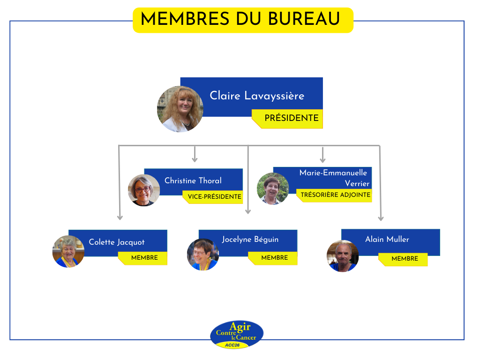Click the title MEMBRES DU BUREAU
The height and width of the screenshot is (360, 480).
click(x=240, y=18)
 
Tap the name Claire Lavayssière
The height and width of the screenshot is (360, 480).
click(x=257, y=96)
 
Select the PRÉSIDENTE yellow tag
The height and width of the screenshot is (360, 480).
click(x=287, y=119)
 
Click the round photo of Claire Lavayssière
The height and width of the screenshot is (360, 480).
click(x=180, y=109)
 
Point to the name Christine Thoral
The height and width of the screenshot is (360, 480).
click(x=193, y=180)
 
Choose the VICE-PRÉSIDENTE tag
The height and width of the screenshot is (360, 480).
click(x=213, y=197)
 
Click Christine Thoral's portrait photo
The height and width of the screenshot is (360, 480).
click(x=144, y=190)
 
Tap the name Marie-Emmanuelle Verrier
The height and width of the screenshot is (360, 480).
click(x=334, y=178)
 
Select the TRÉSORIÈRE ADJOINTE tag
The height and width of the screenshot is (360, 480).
click(x=335, y=195)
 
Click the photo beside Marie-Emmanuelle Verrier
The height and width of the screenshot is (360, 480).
click(x=273, y=188)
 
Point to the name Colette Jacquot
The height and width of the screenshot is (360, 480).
click(x=117, y=242)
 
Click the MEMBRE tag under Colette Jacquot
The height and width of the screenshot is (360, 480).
click(x=142, y=258)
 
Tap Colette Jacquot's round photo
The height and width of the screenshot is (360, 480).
click(x=68, y=251)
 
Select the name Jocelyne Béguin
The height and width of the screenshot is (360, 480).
click(x=250, y=240)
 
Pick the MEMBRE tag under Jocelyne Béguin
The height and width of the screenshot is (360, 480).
click(x=273, y=258)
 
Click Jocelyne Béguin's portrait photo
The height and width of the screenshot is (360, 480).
click(x=203, y=255)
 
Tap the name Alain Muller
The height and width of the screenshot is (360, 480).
click(x=387, y=239)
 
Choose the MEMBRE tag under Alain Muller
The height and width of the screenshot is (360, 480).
click(x=403, y=259)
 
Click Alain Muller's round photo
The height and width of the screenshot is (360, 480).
click(x=343, y=256)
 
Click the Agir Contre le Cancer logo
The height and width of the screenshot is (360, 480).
click(x=237, y=335)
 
